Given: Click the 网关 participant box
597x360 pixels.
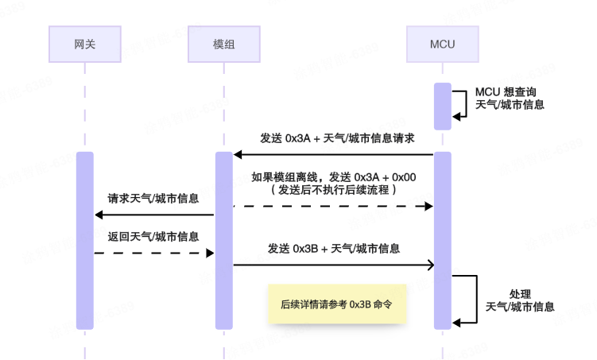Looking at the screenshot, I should pos(84,44).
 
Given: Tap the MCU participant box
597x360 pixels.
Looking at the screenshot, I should pos(442,44).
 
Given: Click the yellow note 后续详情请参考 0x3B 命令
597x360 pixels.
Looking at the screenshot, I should pos(337,304).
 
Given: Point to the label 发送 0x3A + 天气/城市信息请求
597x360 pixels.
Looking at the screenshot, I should pos(336,138).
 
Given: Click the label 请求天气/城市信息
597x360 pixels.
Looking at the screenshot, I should pos(153,198).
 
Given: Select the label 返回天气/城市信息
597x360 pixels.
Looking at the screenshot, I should pos(153,236).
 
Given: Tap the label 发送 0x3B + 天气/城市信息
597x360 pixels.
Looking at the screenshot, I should pos(333,249).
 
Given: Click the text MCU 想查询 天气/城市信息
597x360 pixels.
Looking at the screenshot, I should pos(510,98).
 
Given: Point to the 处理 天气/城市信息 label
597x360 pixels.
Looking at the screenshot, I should pos(520,300).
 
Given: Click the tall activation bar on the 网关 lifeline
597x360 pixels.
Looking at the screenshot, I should pos(84,240).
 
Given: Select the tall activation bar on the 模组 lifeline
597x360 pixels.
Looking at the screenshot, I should pos(224,240).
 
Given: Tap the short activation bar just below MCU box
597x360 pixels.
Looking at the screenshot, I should pos(442,106).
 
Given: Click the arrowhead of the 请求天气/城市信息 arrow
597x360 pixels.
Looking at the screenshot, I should pos(99,215).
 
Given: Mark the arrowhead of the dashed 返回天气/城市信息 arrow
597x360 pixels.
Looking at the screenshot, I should pos(211,253).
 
